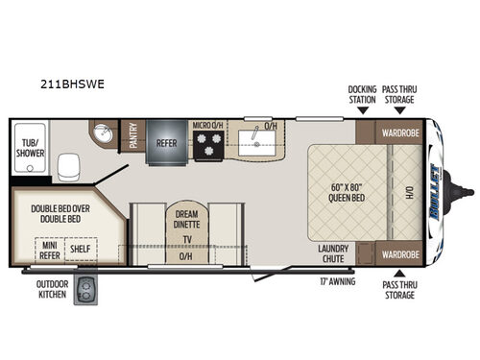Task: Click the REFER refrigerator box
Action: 166,143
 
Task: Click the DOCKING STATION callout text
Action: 362,94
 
